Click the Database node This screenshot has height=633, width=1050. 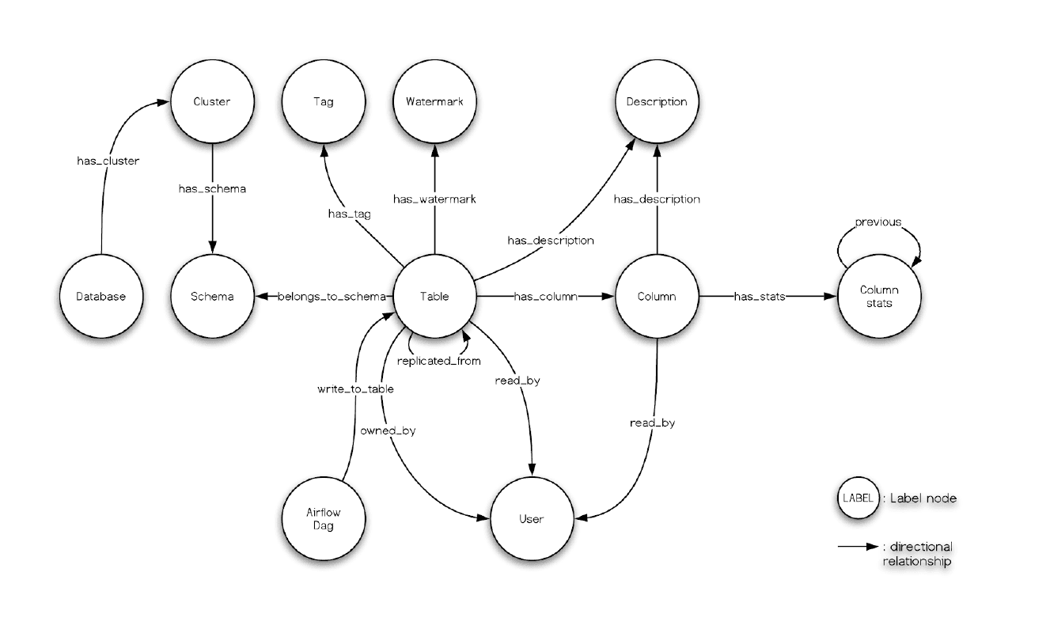click(x=101, y=297)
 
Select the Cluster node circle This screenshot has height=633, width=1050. click(x=211, y=102)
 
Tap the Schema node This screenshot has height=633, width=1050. click(x=212, y=297)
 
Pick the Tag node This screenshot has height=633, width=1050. click(x=323, y=102)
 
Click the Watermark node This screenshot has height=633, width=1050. click(x=434, y=102)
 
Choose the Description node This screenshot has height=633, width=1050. click(x=656, y=102)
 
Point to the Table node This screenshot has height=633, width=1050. click(x=434, y=297)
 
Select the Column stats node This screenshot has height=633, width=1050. click(x=878, y=297)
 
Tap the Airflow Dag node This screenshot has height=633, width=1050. click(x=323, y=519)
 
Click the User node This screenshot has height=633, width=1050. click(x=530, y=519)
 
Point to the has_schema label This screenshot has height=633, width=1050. click(x=211, y=189)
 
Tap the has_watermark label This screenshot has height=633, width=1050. click(x=434, y=199)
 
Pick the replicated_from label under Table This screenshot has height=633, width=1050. click(x=434, y=361)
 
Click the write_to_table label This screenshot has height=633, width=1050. click(x=355, y=389)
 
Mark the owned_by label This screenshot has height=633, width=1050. click(x=388, y=431)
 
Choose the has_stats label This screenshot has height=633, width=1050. click(x=760, y=297)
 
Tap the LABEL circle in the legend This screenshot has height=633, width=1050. click(x=858, y=498)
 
